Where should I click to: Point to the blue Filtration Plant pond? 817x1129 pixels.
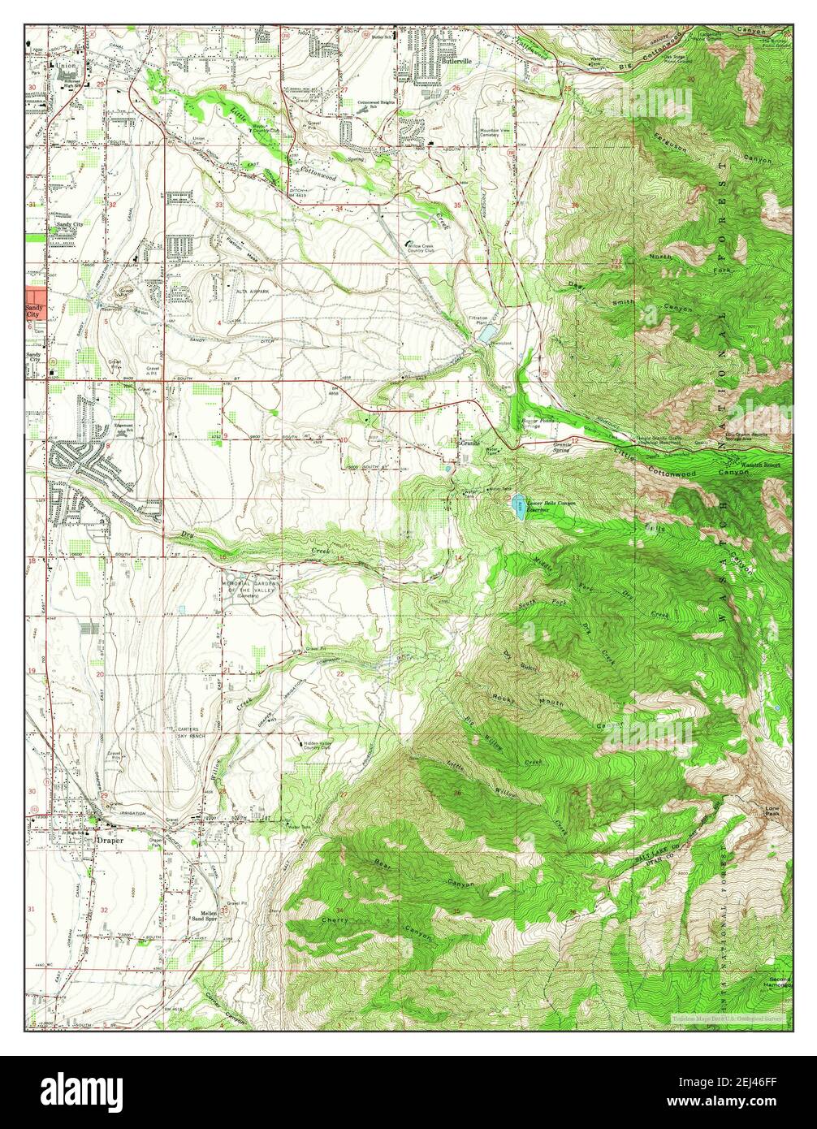485,334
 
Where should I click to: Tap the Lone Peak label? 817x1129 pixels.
773,811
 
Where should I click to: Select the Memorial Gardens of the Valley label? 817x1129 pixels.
251,588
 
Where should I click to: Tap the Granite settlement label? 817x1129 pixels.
470,443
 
